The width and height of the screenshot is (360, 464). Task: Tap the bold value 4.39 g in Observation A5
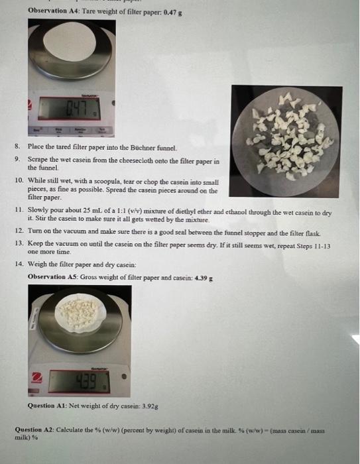click(x=204, y=278)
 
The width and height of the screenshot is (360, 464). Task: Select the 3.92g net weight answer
click(x=150, y=406)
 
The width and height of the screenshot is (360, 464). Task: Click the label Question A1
click(x=47, y=406)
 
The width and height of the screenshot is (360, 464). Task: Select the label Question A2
click(x=34, y=430)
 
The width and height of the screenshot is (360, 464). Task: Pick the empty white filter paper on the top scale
click(x=70, y=40)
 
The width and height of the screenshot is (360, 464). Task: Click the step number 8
click(x=17, y=146)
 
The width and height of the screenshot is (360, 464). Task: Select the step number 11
click(x=19, y=210)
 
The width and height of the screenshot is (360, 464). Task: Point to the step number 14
click(x=19, y=264)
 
